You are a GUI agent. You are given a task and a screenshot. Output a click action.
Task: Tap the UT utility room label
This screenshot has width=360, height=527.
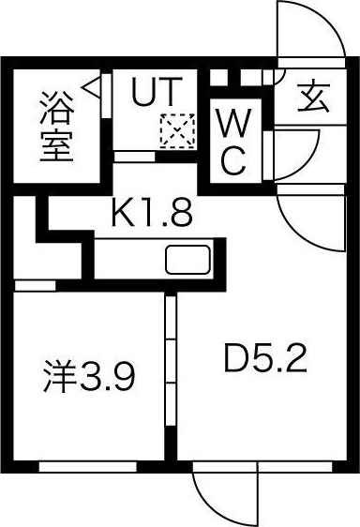(x=153, y=92)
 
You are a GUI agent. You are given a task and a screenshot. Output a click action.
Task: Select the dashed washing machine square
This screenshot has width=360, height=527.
(x=174, y=129)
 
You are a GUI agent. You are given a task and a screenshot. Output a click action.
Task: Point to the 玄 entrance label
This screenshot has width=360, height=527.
(x=316, y=97)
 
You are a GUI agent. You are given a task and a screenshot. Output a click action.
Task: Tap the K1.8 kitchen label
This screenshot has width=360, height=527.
(x=152, y=214)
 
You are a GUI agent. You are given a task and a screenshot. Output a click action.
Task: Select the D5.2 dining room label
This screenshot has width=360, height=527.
(x=265, y=359)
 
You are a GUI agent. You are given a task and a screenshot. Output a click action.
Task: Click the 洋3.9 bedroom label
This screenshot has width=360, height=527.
(x=91, y=378)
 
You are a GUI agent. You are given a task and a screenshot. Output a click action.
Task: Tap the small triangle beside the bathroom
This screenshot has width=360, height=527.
(x=92, y=88)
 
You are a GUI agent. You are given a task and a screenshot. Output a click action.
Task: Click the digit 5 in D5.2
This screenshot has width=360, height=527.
(x=268, y=359)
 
